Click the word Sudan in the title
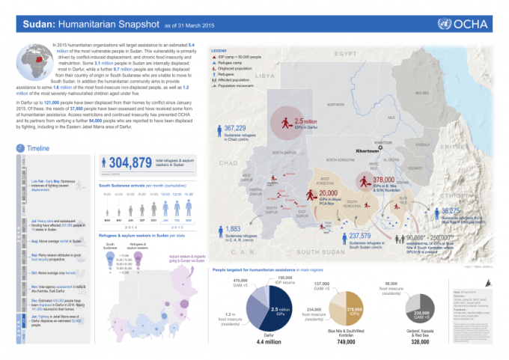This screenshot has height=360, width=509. point(38,24)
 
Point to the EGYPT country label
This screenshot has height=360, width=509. point(347,55)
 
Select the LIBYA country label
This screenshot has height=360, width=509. point(266,76)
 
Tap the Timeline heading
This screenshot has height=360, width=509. point(38,149)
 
